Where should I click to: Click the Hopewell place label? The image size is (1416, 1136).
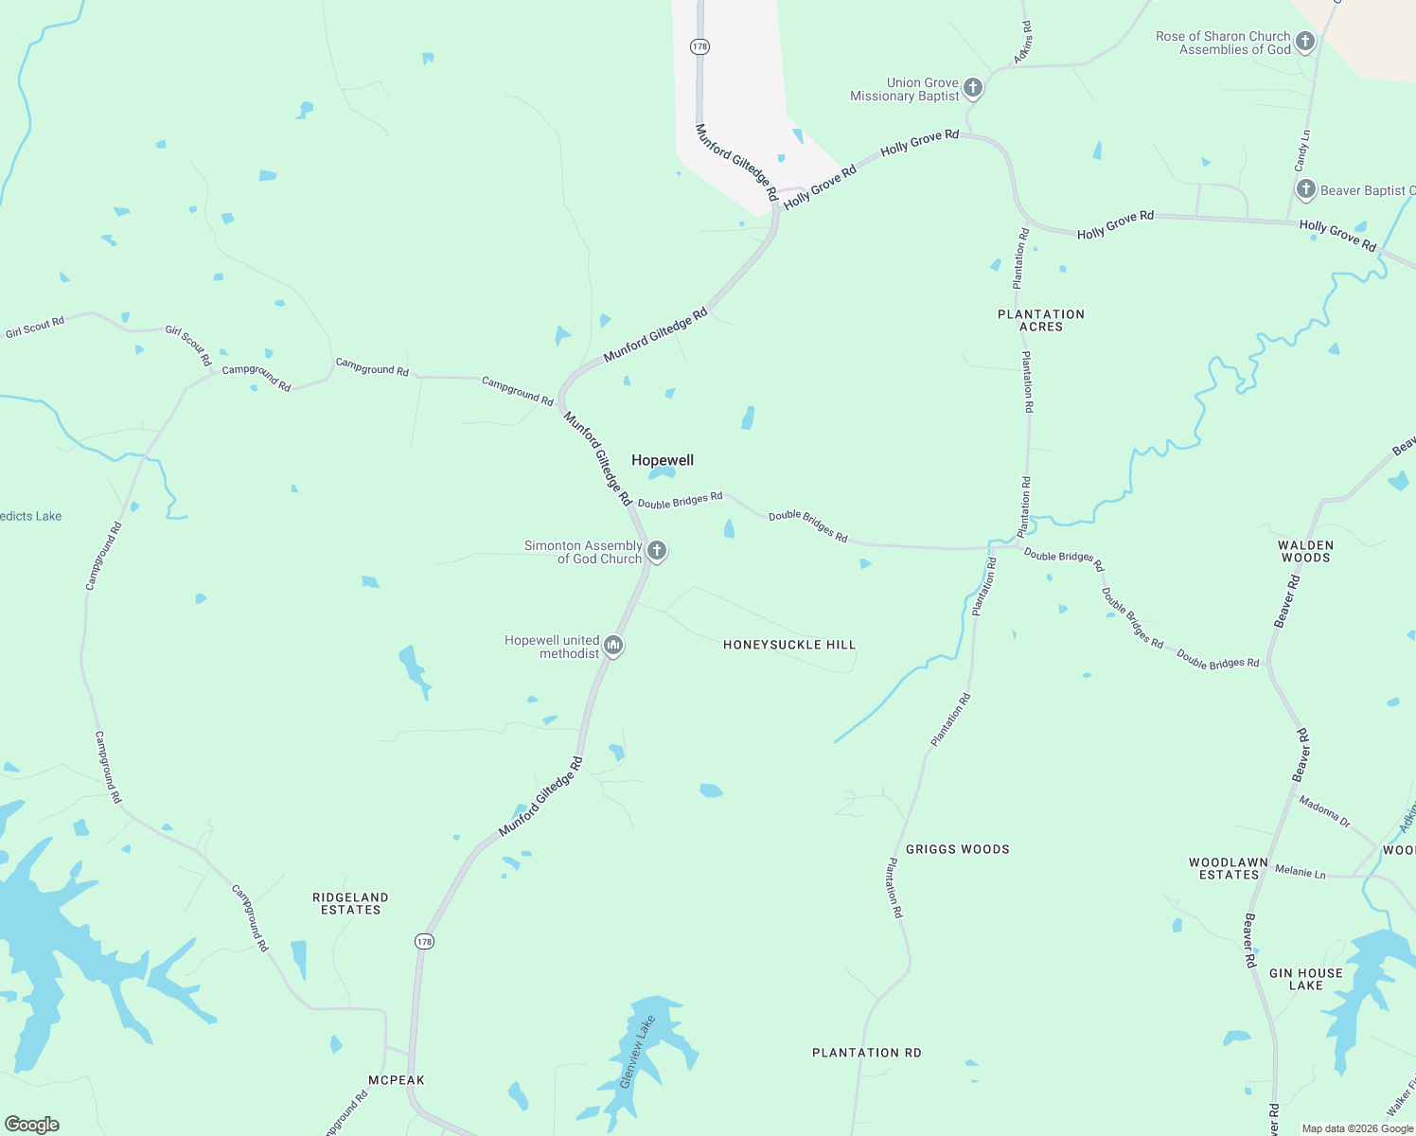[x=663, y=460]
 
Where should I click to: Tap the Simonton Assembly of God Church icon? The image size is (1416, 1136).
[x=657, y=551]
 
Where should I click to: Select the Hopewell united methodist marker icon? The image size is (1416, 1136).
[x=613, y=647]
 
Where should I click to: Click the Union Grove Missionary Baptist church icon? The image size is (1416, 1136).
[x=973, y=89]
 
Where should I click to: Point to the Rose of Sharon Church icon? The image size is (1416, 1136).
[x=1305, y=42]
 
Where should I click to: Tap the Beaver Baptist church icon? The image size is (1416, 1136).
[x=1306, y=189]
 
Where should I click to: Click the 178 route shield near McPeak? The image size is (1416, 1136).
[x=424, y=941]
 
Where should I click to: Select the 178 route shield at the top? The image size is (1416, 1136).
[x=699, y=46]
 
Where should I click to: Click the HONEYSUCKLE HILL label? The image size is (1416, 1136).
[x=789, y=645]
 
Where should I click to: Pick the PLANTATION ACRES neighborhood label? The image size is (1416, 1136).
[x=1041, y=320]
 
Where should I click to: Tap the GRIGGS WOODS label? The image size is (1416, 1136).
[x=958, y=849]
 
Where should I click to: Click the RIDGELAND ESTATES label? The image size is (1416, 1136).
[x=351, y=903]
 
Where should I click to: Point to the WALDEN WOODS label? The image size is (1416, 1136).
[x=1306, y=551]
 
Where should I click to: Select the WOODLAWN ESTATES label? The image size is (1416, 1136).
[x=1229, y=868]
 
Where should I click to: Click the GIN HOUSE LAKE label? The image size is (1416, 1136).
[x=1306, y=979]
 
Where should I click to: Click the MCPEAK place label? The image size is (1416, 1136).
[x=397, y=1080]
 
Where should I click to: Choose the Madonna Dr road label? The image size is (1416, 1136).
[x=1325, y=811]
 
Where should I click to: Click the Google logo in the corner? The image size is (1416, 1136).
[x=32, y=1124]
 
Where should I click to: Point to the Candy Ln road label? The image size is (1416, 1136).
[x=1303, y=151]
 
